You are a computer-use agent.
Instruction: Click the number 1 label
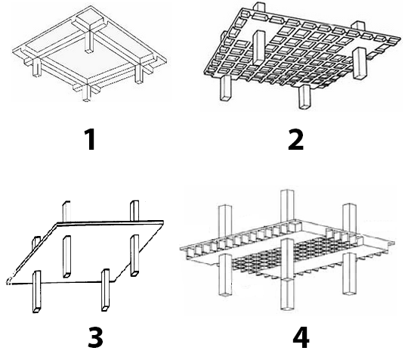pyautogui.click(x=90, y=140)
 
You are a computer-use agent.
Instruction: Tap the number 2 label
pyautogui.click(x=296, y=140)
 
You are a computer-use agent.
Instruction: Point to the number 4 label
pyautogui.click(x=301, y=337)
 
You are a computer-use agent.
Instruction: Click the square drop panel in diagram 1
pyautogui.click(x=90, y=22)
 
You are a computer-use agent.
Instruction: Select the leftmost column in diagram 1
pyautogui.click(x=37, y=67)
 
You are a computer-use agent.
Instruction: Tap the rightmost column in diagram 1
pyautogui.click(x=139, y=73)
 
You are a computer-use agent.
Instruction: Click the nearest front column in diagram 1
pyautogui.click(x=86, y=93)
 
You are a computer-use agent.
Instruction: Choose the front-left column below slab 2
pyautogui.click(x=226, y=88)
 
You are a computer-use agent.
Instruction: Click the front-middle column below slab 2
pyautogui.click(x=304, y=96)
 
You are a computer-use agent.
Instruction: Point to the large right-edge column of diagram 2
pyautogui.click(x=360, y=64)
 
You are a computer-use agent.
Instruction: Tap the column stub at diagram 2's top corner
pyautogui.click(x=259, y=8)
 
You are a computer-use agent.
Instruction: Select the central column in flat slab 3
pyautogui.click(x=66, y=256)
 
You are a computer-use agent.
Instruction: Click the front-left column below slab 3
pyautogui.click(x=36, y=291)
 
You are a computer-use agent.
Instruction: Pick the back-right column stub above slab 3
pyautogui.click(x=134, y=211)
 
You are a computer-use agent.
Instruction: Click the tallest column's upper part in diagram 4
pyautogui.click(x=287, y=206)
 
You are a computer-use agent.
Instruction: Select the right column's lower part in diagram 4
pyautogui.click(x=349, y=274)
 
